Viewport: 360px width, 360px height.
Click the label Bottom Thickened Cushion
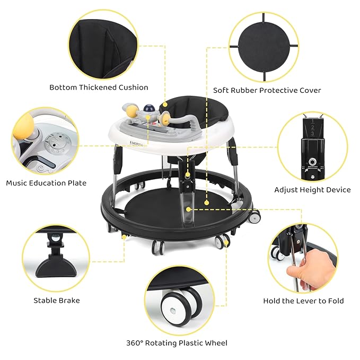click(99, 87)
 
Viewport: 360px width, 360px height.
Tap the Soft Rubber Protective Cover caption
click(267, 91)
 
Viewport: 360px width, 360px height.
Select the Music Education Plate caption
click(46, 183)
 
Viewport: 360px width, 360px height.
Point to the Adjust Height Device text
click(312, 190)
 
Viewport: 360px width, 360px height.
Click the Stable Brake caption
click(57, 301)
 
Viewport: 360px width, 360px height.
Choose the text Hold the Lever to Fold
click(303, 301)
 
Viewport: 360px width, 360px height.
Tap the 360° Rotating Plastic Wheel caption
click(177, 343)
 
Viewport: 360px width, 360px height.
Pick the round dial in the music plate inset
click(58, 142)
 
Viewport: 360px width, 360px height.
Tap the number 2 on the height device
click(312, 127)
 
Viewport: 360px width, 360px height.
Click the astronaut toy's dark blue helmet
click(147, 108)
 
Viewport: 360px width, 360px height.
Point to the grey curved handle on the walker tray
click(183, 120)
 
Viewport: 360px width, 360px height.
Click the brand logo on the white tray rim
click(136, 143)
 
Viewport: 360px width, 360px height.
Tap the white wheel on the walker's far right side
click(254, 216)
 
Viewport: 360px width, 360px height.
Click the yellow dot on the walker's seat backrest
click(165, 104)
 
